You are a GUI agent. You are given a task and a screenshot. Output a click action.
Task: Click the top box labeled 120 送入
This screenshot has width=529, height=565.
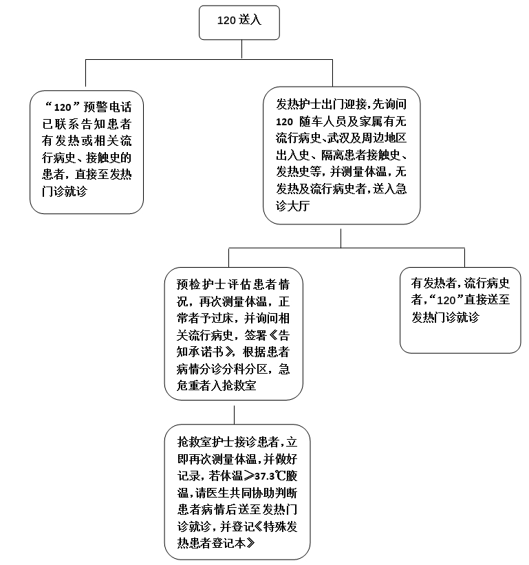[x=239, y=21]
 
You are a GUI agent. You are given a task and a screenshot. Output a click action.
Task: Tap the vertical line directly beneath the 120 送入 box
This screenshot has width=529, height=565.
[x=239, y=50]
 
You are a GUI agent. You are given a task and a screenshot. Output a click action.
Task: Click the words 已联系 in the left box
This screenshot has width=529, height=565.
[x=58, y=125]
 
